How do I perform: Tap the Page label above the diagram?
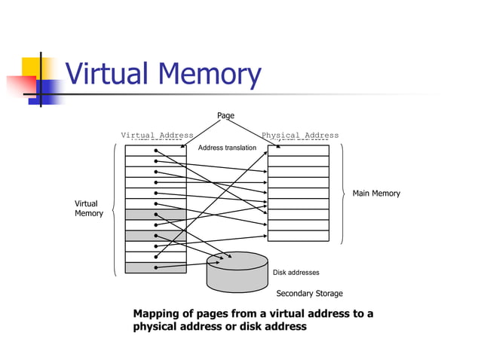pyautogui.click(x=225, y=115)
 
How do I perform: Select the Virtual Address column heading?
pyautogui.click(x=157, y=136)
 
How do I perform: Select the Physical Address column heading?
pyautogui.click(x=299, y=136)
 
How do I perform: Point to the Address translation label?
pyautogui.click(x=227, y=148)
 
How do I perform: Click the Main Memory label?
pyautogui.click(x=376, y=194)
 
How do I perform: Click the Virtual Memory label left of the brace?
pyautogui.click(x=87, y=209)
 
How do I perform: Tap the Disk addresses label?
pyautogui.click(x=296, y=273)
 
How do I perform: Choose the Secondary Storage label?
pyautogui.click(x=309, y=294)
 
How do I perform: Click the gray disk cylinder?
pyautogui.click(x=237, y=276)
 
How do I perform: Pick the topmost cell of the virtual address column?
pyautogui.click(x=155, y=150)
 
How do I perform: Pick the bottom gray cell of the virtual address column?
pyautogui.click(x=155, y=267)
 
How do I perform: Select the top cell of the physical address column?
pyautogui.click(x=299, y=150)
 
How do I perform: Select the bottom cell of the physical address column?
pyautogui.click(x=299, y=235)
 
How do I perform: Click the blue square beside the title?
pyautogui.click(x=50, y=90)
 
